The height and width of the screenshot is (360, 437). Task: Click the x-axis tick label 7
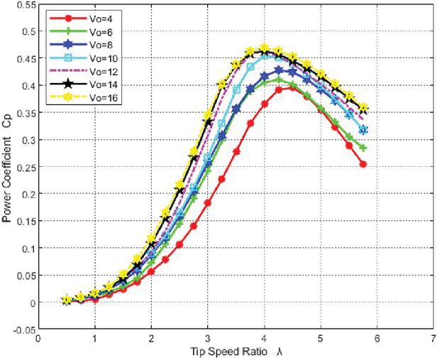433,340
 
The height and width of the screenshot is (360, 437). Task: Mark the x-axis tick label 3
208,340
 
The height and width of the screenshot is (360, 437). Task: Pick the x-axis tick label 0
39,340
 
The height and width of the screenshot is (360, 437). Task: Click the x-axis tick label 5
321,340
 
